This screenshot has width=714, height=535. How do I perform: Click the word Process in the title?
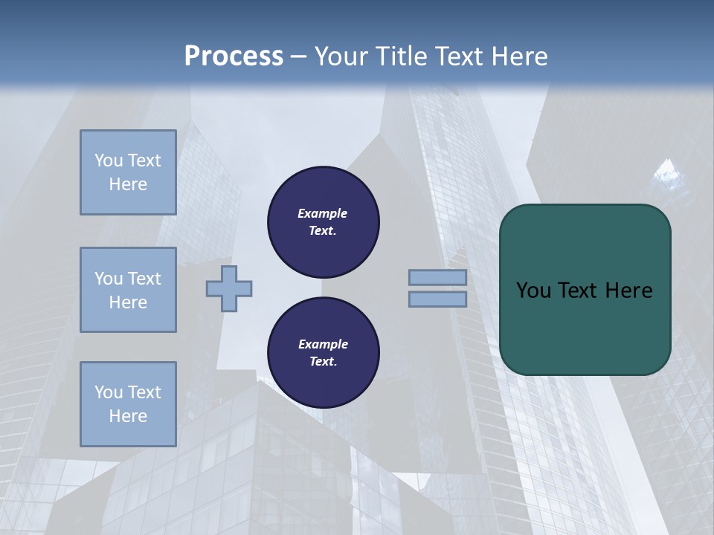(234, 56)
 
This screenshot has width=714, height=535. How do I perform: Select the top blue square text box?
(128, 172)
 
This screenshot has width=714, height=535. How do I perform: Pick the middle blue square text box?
(128, 290)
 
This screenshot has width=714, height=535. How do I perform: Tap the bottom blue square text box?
(128, 403)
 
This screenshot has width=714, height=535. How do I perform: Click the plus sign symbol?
(229, 288)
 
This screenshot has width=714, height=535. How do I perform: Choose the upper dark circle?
(324, 221)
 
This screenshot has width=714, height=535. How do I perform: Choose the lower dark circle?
(324, 352)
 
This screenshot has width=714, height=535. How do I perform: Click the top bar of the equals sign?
(437, 278)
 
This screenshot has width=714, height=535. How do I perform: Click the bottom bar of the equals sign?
(437, 299)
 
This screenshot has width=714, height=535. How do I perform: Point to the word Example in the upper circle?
(323, 213)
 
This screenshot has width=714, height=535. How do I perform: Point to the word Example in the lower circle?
(323, 344)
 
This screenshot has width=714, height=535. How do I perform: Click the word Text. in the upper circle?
(323, 230)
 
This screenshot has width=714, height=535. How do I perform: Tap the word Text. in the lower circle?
(323, 361)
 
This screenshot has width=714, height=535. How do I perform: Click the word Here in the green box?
(628, 291)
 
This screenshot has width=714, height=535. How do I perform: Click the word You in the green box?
(533, 291)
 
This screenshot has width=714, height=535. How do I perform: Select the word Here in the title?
(518, 56)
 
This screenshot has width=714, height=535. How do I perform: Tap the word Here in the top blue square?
(128, 184)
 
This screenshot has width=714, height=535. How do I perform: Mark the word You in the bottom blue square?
(109, 392)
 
